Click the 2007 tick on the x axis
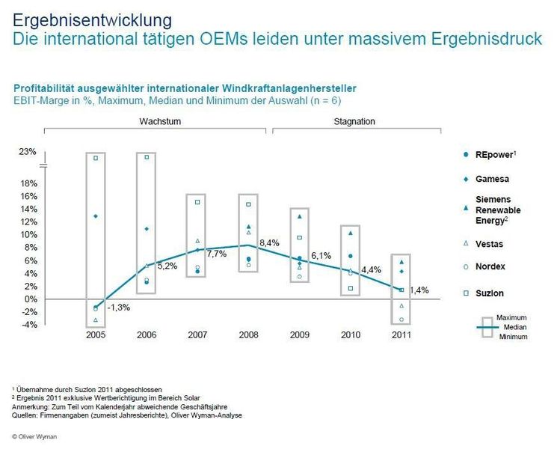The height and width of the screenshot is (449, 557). coord(197,335)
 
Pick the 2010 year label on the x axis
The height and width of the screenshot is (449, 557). coord(350,335)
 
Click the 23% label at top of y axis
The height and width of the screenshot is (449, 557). coord(28,152)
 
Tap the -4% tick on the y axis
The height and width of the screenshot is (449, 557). coord(28,325)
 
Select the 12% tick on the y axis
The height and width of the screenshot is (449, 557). coord(28,222)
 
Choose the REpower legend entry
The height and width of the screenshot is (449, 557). coord(495,154)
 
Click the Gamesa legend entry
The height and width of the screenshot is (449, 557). coord(493,179)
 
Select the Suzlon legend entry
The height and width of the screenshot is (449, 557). coord(490,293)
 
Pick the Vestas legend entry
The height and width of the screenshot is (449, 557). coord(490,243)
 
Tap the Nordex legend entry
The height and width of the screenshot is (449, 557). coord(490,268)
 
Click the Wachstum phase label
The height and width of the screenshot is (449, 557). coord(155,121)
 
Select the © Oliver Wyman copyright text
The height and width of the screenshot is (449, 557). coord(35,435)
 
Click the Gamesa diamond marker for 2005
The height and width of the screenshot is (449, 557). coord(96,216)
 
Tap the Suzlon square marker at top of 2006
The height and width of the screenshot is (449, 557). coord(147,157)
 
